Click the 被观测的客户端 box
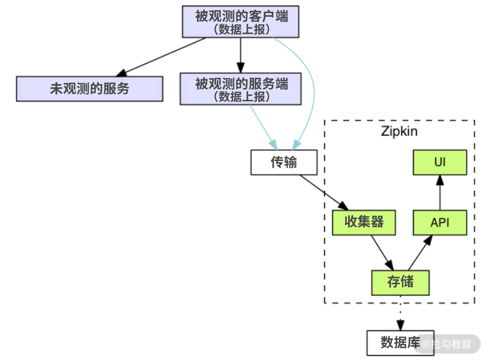241,22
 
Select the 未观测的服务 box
89,88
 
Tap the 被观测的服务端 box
240,89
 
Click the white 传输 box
284,162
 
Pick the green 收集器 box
364,222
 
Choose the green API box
440,222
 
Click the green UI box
440,162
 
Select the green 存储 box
400,282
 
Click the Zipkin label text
399,131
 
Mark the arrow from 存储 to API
420,253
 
